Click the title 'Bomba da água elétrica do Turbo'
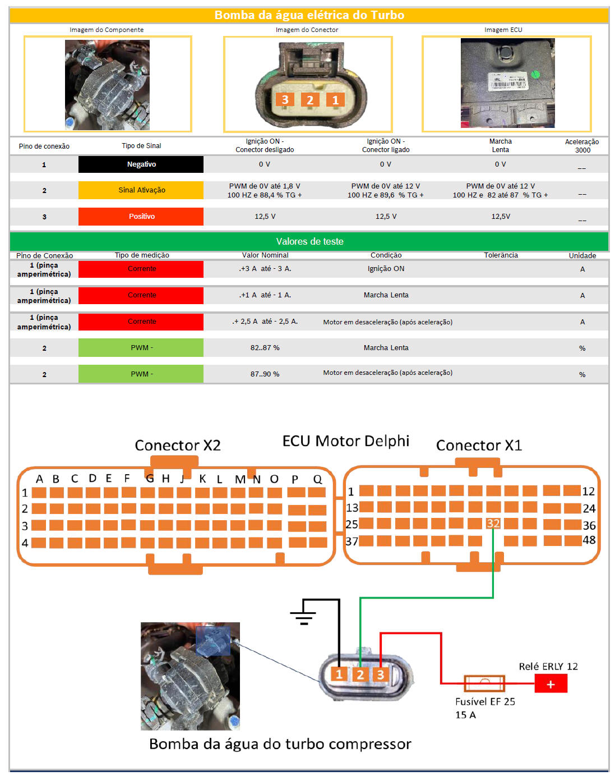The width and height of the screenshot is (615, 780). [309, 15]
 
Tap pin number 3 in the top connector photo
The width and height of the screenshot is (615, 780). [285, 100]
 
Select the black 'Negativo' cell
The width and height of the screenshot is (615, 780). [141, 164]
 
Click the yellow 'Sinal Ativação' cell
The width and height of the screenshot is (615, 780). [141, 190]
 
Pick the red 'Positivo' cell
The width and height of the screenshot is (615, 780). [141, 217]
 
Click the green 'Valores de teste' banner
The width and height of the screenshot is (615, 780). [309, 241]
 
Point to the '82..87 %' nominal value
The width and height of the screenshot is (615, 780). [265, 348]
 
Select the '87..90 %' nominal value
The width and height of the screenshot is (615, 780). [265, 374]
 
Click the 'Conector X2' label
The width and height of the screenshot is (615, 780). [178, 446]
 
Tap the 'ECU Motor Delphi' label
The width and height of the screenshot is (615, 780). [346, 441]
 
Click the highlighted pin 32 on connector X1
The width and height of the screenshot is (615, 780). [493, 524]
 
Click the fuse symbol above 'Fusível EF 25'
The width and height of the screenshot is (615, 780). [484, 683]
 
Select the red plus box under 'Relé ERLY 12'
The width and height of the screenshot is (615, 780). [551, 684]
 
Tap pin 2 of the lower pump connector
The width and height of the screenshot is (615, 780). [360, 675]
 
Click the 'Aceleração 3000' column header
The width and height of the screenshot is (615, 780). [582, 146]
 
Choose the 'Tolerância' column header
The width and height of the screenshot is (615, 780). [501, 255]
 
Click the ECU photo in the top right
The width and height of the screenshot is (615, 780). [507, 83]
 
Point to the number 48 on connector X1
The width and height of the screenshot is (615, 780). [589, 540]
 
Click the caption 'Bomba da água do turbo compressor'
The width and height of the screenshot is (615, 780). [280, 744]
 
